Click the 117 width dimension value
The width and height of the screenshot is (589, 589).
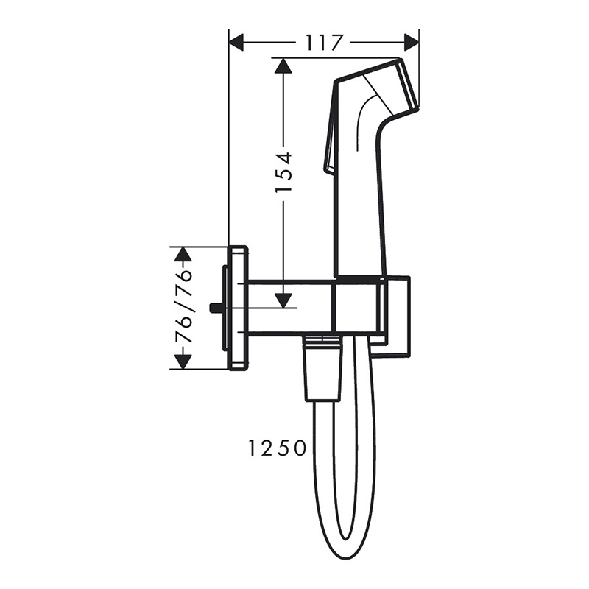(323, 43)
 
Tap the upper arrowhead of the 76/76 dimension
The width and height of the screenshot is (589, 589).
(183, 255)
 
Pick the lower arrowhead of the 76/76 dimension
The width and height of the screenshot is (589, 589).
(183, 361)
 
